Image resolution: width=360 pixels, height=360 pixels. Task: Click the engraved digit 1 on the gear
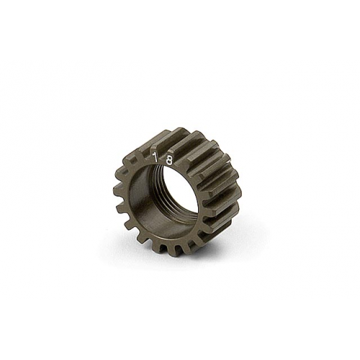154,158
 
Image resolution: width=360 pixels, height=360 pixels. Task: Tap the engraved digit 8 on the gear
169,161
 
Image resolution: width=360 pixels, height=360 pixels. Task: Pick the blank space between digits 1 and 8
161,159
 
